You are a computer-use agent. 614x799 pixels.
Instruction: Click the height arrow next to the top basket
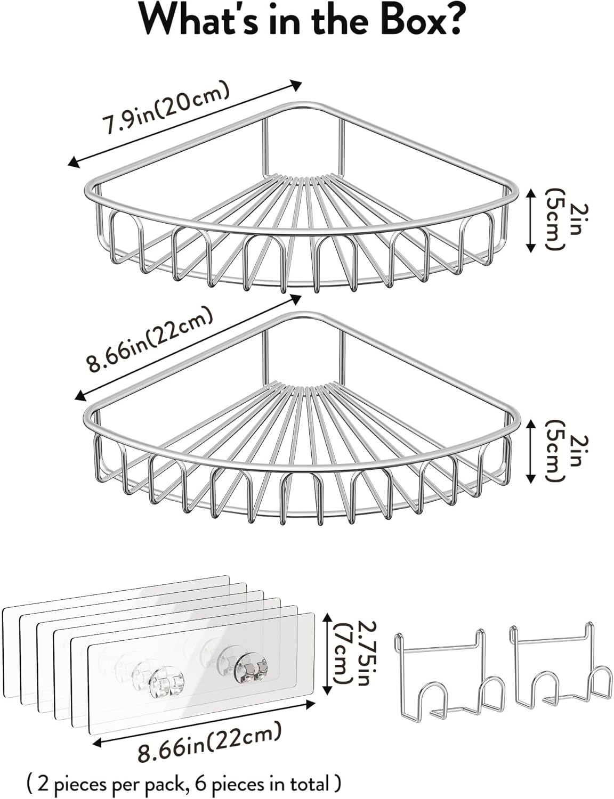pyautogui.click(x=530, y=220)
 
